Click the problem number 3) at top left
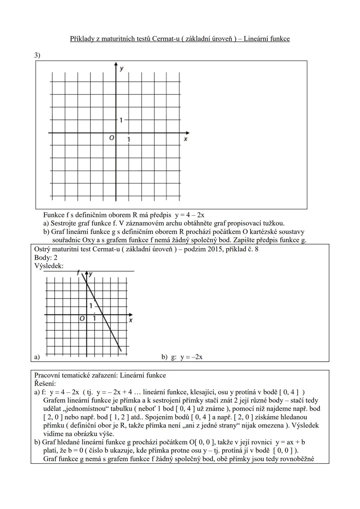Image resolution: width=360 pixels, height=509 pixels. click(37, 55)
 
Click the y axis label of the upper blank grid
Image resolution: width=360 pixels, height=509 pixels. click(122, 68)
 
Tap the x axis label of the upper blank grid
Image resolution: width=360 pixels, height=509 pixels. click(186, 139)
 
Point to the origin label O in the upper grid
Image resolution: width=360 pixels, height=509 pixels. click(111, 137)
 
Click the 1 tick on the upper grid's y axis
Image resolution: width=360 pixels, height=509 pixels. click(121, 120)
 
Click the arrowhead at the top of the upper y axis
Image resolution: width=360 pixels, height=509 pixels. click(116, 64)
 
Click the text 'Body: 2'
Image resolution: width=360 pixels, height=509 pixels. click(46, 257)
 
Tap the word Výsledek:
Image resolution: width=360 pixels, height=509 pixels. click(49, 266)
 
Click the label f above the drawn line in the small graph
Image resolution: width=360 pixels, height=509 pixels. click(79, 273)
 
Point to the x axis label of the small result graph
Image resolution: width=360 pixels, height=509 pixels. click(131, 320)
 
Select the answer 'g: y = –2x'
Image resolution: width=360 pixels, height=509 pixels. click(187, 357)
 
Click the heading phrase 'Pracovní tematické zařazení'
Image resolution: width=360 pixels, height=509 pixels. click(75, 375)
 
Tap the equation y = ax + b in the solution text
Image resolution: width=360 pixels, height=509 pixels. click(290, 442)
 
